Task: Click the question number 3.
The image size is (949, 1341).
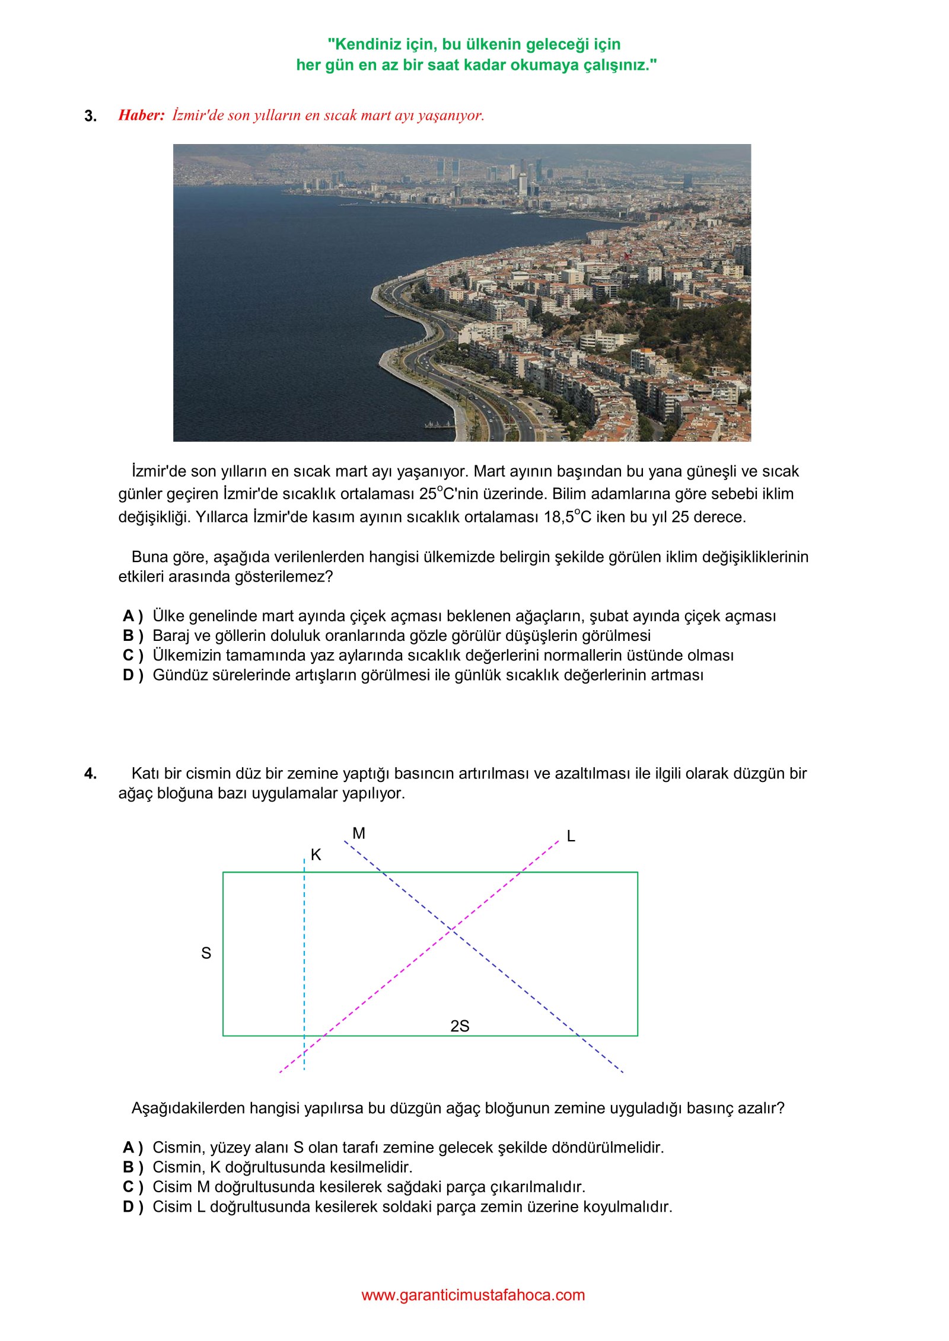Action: click(x=90, y=116)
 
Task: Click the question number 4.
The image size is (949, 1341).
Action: click(x=90, y=774)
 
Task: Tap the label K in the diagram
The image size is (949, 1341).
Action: click(x=316, y=855)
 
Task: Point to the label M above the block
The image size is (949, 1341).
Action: click(x=359, y=834)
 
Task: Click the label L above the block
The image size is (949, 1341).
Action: click(x=571, y=836)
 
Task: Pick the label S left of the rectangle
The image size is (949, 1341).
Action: click(x=206, y=953)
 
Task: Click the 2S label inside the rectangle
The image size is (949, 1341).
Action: click(x=460, y=1026)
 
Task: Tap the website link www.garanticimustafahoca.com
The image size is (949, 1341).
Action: click(x=473, y=1295)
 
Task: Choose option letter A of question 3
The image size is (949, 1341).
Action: click(x=132, y=617)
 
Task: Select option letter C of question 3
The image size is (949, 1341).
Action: click(x=132, y=656)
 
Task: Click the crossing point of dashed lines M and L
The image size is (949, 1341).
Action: click(x=452, y=929)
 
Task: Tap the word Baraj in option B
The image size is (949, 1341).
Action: click(x=172, y=636)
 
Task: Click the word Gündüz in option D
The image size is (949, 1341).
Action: click(x=179, y=675)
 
